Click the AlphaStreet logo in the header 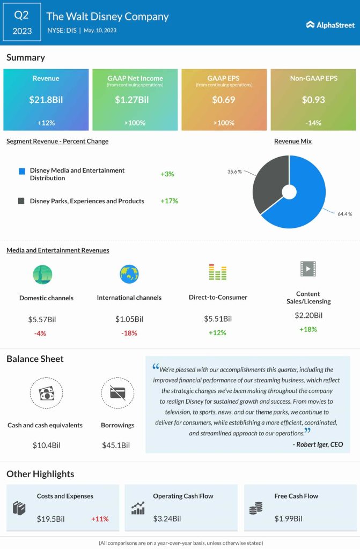pyautogui.click(x=329, y=24)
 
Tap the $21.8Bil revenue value pyautogui.click(x=46, y=99)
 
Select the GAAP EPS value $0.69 pyautogui.click(x=224, y=99)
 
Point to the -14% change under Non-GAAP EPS pyautogui.click(x=313, y=123)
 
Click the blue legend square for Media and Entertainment pyautogui.click(x=21, y=171)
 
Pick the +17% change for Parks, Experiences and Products pyautogui.click(x=169, y=201)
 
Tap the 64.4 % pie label pyautogui.click(x=344, y=214)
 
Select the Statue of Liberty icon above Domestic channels pyautogui.click(x=42, y=274)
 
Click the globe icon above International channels pyautogui.click(x=129, y=274)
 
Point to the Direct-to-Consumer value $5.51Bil pyautogui.click(x=218, y=319)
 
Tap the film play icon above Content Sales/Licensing pyautogui.click(x=308, y=269)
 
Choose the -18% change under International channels pyautogui.click(x=129, y=333)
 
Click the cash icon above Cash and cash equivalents pyautogui.click(x=45, y=394)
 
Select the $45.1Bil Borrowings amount pyautogui.click(x=116, y=445)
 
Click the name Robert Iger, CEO pyautogui.click(x=318, y=444)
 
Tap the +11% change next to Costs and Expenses pyautogui.click(x=100, y=519)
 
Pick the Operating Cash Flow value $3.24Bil pyautogui.click(x=167, y=519)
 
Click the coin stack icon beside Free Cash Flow pyautogui.click(x=256, y=508)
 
